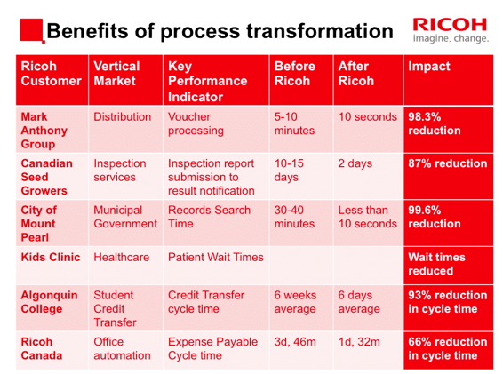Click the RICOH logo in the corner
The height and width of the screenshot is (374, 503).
coord(451,30)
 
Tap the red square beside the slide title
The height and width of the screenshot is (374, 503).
coord(32,30)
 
